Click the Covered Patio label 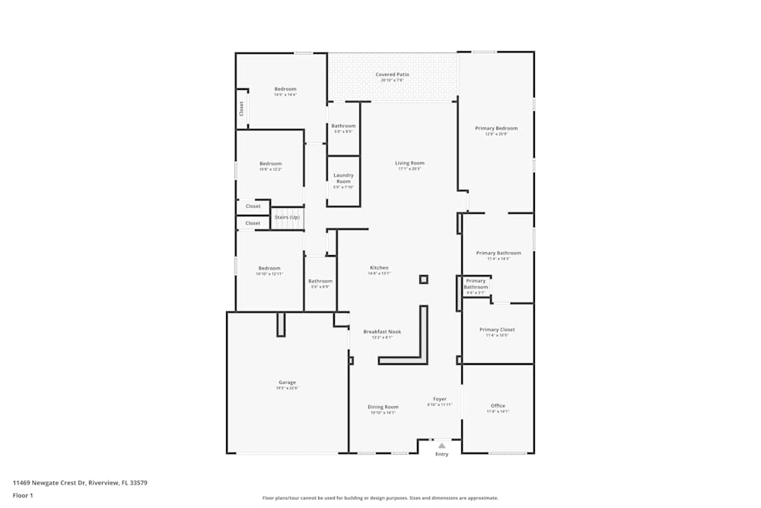click(392, 75)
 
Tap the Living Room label click(409, 163)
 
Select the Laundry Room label click(343, 178)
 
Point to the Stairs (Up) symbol click(287, 218)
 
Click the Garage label click(287, 382)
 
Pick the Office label click(498, 406)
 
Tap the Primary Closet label click(497, 330)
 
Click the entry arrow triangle click(441, 446)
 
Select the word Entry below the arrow click(441, 455)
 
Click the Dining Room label click(383, 407)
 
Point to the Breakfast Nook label click(382, 331)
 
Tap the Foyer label click(440, 399)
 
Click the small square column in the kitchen click(424, 280)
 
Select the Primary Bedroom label click(496, 128)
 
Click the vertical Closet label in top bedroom click(242, 108)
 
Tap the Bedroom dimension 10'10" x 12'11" click(269, 273)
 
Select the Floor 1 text click(23, 495)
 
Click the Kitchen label click(379, 268)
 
